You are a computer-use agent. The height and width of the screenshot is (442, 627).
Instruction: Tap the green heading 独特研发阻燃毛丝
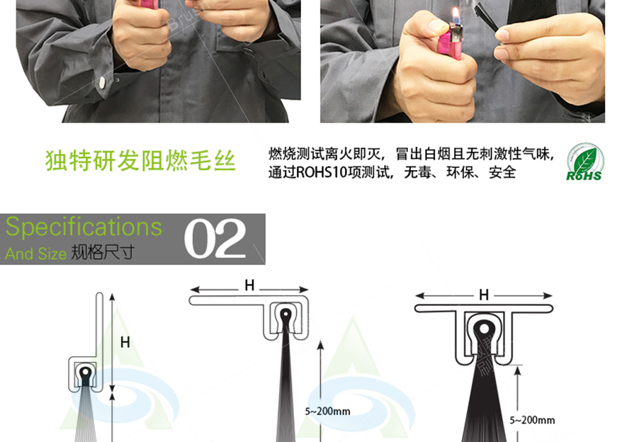click(x=140, y=161)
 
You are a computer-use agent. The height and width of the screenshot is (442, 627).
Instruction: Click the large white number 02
click(x=215, y=239)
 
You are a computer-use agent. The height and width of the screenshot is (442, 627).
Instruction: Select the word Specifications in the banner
click(x=84, y=227)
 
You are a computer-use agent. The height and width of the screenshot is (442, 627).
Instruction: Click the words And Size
click(x=35, y=254)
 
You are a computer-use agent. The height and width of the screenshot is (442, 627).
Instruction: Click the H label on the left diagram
click(x=125, y=342)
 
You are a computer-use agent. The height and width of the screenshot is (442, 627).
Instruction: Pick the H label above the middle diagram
click(x=249, y=285)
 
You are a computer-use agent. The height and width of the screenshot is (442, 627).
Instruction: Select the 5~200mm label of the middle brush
click(x=327, y=410)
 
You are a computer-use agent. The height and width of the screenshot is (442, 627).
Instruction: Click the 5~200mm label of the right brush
click(x=532, y=420)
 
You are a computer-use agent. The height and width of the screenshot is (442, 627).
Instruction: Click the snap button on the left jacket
click(x=103, y=83)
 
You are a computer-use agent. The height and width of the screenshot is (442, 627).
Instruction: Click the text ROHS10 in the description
click(x=319, y=172)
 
